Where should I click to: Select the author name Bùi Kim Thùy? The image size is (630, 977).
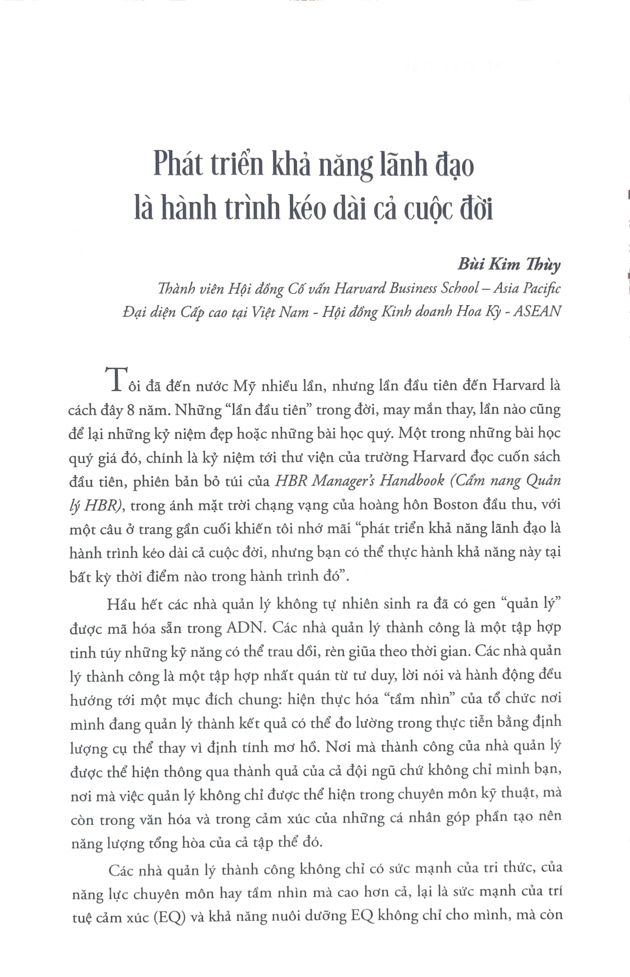509,265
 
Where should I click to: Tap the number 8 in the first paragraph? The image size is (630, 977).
131,410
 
